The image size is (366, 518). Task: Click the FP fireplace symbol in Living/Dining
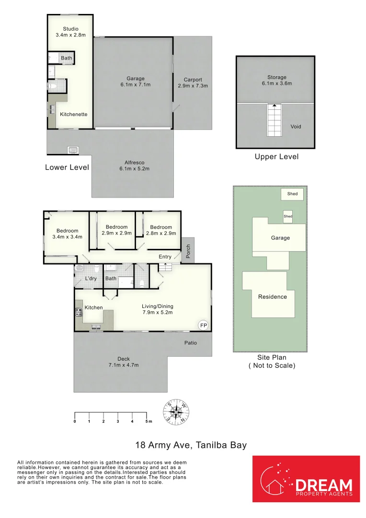tap(204, 325)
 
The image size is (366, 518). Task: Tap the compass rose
tap(176, 412)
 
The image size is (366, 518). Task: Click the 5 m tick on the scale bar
tap(147, 415)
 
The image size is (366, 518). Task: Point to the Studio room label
tap(70, 29)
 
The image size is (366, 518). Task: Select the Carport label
tap(193, 80)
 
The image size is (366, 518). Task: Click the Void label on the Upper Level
tap(296, 127)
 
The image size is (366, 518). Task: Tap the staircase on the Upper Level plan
tap(274, 120)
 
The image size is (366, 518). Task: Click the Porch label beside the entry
tap(188, 251)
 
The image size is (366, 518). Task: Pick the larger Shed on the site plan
tap(292, 194)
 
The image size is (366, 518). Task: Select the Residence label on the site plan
tap(272, 297)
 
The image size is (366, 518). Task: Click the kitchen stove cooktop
tap(79, 312)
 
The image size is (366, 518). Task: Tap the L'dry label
tap(91, 278)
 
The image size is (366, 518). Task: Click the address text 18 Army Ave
tap(163, 445)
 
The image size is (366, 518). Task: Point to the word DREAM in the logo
tap(324, 485)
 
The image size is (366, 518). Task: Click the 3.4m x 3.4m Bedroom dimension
tap(68, 236)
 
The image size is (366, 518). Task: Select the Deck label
tap(124, 359)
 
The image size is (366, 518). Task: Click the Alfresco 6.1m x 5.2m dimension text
tap(134, 168)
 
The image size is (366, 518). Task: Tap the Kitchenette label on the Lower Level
tap(74, 114)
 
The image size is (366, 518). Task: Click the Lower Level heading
tap(67, 167)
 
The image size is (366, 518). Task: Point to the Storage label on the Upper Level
tap(276, 77)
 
